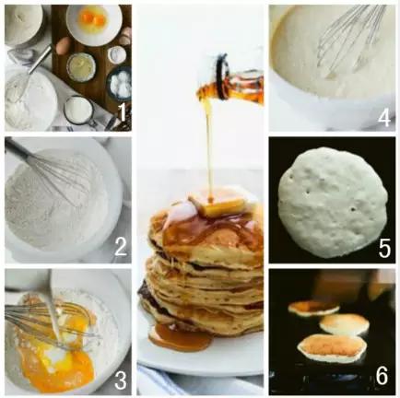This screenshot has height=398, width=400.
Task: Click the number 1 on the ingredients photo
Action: pyautogui.click(x=122, y=112)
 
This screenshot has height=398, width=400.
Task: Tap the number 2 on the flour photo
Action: pyautogui.click(x=121, y=247)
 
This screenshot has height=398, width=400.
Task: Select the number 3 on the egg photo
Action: pyautogui.click(x=121, y=380)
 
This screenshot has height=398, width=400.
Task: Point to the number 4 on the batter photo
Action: pyautogui.click(x=384, y=118)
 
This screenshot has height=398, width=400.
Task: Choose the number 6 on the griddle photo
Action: pyautogui.click(x=382, y=376)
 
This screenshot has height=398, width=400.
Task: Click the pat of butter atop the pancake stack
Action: pyautogui.click(x=218, y=205)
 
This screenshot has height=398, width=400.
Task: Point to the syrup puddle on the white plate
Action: pyautogui.click(x=180, y=338)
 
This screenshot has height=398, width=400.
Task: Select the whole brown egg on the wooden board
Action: pyautogui.click(x=64, y=46)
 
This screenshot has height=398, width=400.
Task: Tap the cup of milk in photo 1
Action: pyautogui.click(x=78, y=111)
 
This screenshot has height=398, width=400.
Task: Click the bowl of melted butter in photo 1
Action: pyautogui.click(x=81, y=66)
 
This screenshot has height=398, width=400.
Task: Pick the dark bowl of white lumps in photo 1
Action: pyautogui.click(x=119, y=83)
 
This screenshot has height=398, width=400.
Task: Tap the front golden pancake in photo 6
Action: pyautogui.click(x=332, y=347)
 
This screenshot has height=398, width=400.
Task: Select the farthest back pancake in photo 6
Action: pyautogui.click(x=313, y=308)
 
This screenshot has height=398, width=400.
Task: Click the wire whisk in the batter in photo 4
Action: pyautogui.click(x=350, y=43)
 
